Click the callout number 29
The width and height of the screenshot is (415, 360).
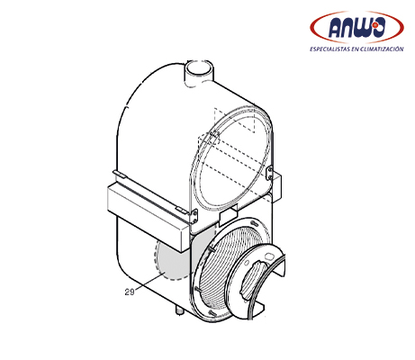coord(130,292)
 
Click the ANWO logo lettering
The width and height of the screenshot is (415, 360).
coord(356,28)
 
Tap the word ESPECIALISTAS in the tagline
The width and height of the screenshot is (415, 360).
coord(329,49)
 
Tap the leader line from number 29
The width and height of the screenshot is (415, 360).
coord(151,282)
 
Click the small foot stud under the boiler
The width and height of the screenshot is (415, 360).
coord(180,310)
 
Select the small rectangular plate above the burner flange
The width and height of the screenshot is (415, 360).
coord(229,215)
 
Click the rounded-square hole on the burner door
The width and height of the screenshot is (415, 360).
coord(268,256)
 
